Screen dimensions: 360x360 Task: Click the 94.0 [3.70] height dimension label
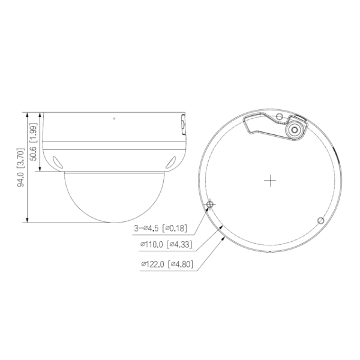click(20, 167)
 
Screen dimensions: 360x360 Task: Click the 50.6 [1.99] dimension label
click(34, 142)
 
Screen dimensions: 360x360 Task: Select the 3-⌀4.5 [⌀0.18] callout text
click(160, 229)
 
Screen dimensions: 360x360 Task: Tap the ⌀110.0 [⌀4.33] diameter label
click(166, 244)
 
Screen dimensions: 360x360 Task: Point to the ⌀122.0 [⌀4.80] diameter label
click(167, 264)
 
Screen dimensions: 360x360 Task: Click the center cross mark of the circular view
click(270, 181)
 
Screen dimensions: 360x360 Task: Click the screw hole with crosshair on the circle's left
click(210, 204)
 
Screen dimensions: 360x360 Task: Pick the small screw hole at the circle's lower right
click(321, 221)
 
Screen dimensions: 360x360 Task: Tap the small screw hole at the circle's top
click(280, 116)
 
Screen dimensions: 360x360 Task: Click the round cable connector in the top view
click(295, 130)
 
